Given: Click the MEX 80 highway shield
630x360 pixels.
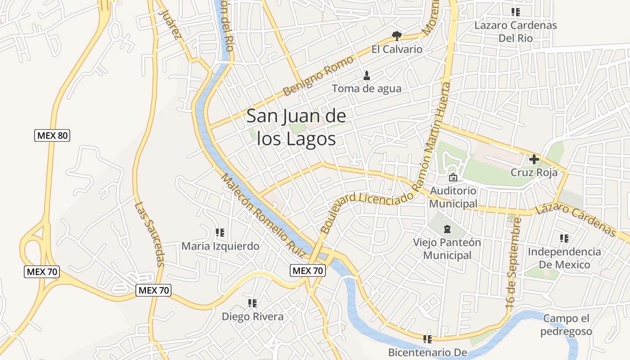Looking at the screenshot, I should tap(52, 135).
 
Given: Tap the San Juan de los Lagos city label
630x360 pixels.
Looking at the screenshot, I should tap(297, 127).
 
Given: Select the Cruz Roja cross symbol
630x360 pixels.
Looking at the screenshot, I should tap(534, 159).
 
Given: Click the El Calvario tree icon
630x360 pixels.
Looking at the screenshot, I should tap(396, 35).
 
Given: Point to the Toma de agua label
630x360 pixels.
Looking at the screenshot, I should tap(366, 89).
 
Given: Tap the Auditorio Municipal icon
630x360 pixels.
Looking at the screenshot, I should tap(453, 177).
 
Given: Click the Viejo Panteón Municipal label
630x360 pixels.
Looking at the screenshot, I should tap(447, 248).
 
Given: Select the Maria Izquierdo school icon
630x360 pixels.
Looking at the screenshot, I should tap(220, 233).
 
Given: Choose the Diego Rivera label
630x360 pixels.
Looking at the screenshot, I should tap(252, 316).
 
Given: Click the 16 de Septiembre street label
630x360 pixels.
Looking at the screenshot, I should tap(514, 262).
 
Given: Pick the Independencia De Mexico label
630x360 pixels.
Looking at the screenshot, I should tap(564, 258).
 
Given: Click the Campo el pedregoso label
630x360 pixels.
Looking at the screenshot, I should tap(566, 325).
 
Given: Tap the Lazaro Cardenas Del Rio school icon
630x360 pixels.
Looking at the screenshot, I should tap(515, 12).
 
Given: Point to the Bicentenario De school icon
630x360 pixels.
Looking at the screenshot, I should tap(427, 339).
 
